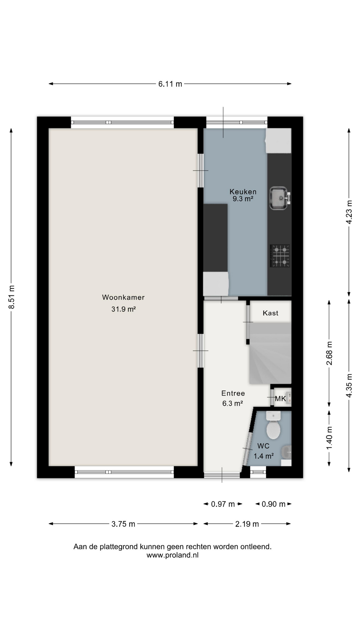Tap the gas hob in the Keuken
coord(280,256)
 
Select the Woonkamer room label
coord(123,297)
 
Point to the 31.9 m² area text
coord(123,309)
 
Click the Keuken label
coord(243,192)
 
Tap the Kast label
coord(270,313)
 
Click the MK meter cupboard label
coord(280,399)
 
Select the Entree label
coord(233,393)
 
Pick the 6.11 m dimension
coord(170,84)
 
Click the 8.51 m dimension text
coord(11,297)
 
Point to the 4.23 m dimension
coord(349,212)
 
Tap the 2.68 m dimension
coord(329,353)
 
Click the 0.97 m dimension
coord(223,504)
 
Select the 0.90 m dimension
coord(274,504)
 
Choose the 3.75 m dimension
coord(123,524)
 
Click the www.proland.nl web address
coord(173,555)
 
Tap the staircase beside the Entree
coord(270,353)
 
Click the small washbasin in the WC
coord(286,452)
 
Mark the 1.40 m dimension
coord(329,438)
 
